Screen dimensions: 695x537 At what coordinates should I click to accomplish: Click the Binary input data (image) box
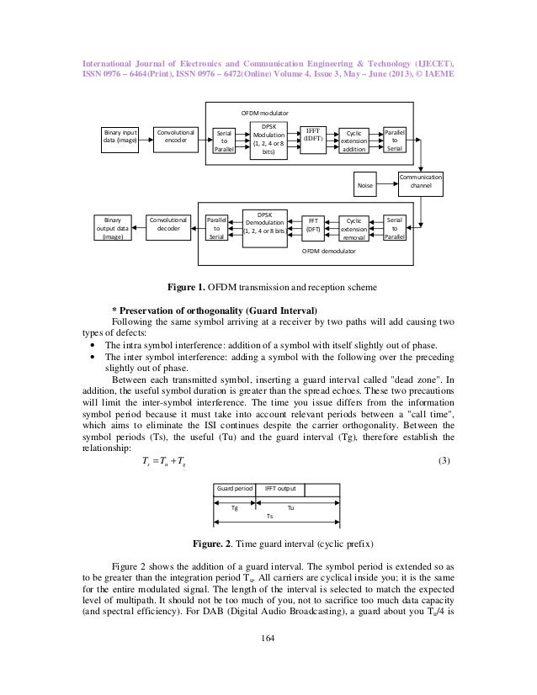[x=119, y=137]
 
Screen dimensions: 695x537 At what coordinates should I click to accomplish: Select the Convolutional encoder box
[x=176, y=137]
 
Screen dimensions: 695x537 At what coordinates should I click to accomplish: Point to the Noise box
[x=364, y=183]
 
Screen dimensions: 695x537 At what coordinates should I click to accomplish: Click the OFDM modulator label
[x=265, y=112]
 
